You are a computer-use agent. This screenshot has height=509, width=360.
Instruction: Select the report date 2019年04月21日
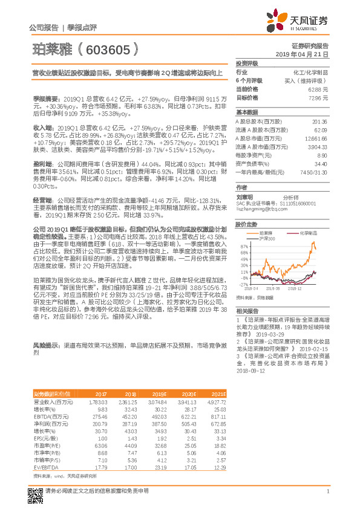pyautogui.click(x=306, y=54)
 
